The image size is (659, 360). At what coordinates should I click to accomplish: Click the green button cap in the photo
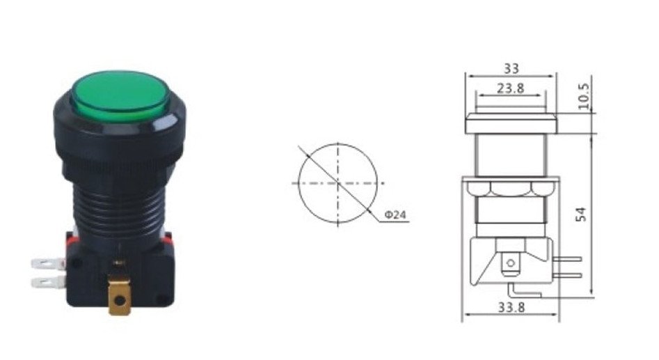click(121, 96)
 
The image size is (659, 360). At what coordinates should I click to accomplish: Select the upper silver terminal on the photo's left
click(48, 264)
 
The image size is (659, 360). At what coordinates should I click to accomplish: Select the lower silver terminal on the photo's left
click(48, 282)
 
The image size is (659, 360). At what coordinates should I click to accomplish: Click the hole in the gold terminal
click(120, 300)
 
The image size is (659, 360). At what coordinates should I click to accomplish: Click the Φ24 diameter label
click(395, 215)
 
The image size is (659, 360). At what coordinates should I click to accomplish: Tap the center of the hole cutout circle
click(338, 183)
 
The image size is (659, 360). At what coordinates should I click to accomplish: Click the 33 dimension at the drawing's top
click(511, 68)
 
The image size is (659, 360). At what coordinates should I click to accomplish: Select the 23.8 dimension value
click(511, 88)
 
